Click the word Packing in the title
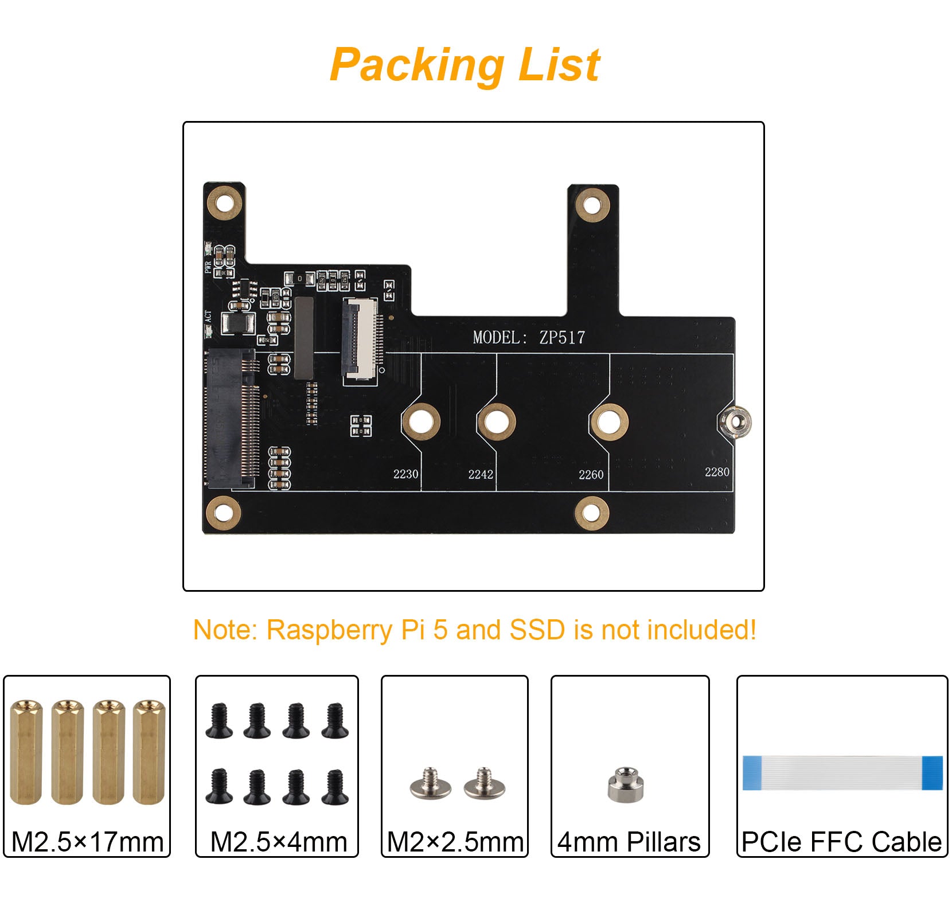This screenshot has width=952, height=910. pos(417,65)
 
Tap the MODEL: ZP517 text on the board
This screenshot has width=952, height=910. pos(529,337)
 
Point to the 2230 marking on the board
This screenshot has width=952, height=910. pos(405,474)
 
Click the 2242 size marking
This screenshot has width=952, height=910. pos(481,474)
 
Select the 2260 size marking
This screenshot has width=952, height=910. pos(591,474)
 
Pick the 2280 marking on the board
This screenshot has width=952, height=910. pos(717,471)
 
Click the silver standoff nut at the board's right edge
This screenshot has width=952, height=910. pos(735,422)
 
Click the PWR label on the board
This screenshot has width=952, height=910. pos(208,267)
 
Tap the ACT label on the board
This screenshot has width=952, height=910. pos(208,317)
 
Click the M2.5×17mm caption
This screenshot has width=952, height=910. pos(87,842)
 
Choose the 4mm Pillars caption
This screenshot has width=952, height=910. pos(629,842)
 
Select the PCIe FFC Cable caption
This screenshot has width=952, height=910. pos(841,842)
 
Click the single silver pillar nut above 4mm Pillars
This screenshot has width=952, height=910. pos(626,784)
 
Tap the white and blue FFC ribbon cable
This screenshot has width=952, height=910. pos(842,772)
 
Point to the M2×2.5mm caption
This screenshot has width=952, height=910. pos(455,842)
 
